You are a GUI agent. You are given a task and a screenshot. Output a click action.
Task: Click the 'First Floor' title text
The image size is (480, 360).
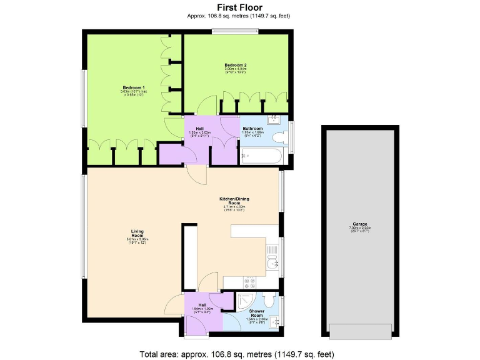239,7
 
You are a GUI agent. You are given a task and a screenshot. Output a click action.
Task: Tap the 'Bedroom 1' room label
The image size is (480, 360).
134,87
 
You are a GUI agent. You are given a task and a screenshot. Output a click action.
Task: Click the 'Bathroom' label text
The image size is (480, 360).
252,129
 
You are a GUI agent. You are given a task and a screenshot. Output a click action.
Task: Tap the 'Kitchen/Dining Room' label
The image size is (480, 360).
234,201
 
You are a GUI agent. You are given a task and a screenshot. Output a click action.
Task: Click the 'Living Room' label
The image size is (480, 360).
137,232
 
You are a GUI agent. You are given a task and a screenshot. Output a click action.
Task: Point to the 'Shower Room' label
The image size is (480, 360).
257,313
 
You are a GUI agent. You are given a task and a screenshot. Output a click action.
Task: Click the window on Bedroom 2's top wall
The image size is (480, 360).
234,31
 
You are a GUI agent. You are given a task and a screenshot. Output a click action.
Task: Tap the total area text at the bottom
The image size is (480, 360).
240,353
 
